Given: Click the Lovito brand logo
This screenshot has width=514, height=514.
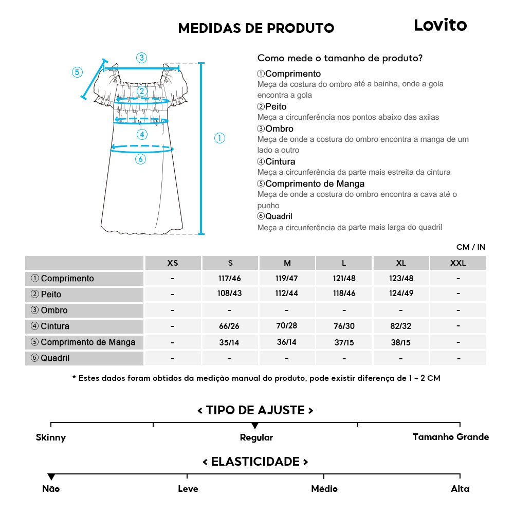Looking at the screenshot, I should click(x=440, y=25).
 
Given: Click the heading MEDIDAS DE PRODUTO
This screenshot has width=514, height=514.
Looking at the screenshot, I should click(x=256, y=28).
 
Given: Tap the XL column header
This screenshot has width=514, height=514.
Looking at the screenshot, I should click(x=401, y=263).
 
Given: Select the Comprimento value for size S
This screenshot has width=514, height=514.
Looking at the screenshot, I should click(x=230, y=279).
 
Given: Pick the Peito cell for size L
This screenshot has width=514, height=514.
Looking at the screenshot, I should click(x=344, y=295).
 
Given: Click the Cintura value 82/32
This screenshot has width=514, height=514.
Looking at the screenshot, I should click(x=401, y=326).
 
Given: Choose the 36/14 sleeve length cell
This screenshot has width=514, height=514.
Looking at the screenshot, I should click(x=287, y=342).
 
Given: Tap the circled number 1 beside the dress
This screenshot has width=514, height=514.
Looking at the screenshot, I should click(x=219, y=138).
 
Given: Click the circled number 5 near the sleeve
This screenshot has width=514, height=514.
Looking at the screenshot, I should click(x=77, y=72).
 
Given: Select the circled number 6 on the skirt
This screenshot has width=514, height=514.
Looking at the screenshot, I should click(x=140, y=159).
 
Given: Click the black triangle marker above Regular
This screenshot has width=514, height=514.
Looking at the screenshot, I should click(x=255, y=426).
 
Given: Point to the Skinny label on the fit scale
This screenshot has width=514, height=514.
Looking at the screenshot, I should click(x=51, y=438).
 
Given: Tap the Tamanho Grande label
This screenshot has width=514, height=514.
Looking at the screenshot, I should click(x=451, y=437).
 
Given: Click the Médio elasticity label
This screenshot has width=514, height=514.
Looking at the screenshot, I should click(x=324, y=489).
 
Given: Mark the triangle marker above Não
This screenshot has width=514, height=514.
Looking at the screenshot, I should click(x=51, y=477).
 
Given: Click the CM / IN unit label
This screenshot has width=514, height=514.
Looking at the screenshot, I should click(x=470, y=247).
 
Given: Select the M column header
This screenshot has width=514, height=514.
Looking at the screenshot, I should click(x=287, y=263).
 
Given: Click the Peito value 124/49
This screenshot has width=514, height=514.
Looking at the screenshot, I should click(x=401, y=295).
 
